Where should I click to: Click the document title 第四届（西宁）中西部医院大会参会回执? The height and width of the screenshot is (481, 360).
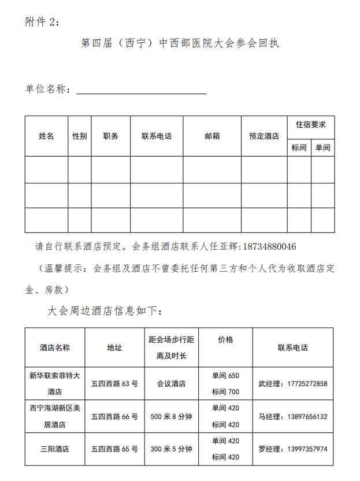tap(180, 44)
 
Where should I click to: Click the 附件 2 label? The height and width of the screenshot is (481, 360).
tap(42, 21)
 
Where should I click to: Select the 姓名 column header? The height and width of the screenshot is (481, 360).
tap(46, 136)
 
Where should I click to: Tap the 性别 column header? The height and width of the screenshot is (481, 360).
tap(80, 136)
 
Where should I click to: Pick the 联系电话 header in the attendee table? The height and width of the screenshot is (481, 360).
tap(157, 136)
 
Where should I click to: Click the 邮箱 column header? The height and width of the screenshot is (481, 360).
tap(212, 136)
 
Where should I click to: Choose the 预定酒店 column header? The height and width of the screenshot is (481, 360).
tap(264, 136)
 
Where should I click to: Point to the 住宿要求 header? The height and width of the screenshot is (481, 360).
tap(311, 125)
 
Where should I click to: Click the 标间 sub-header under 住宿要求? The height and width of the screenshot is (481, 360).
tap(299, 148)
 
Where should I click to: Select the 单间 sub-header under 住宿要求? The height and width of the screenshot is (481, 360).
tap(323, 148)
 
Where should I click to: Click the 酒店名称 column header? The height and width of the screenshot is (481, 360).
tap(55, 348)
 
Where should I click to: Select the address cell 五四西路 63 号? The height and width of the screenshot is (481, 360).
tap(114, 383)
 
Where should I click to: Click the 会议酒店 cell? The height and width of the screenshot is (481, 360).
tap(171, 383)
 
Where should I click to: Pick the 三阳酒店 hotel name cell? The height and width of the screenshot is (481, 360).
tap(55, 449)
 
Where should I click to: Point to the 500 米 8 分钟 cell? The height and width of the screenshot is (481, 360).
tap(171, 416)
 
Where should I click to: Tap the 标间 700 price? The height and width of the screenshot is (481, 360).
tap(225, 392)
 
